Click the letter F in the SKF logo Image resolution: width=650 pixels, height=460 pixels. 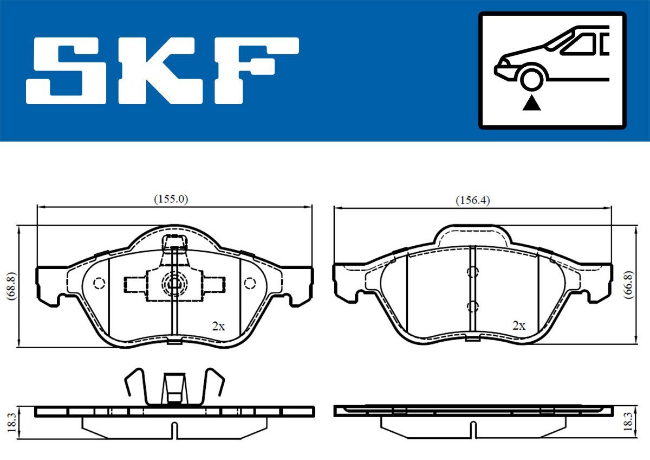click(x=255, y=71)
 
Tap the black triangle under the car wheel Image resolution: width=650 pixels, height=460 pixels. click(x=532, y=103)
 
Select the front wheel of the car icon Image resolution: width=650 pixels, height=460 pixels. click(x=532, y=78)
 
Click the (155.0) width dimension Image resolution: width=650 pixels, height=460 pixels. click(x=171, y=199)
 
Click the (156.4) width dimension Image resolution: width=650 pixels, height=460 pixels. click(x=472, y=200)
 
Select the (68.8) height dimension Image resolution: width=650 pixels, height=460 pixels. click(x=10, y=286)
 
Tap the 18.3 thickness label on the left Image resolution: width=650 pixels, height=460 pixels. click(x=10, y=421)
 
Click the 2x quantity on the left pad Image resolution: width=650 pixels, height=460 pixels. click(x=218, y=326)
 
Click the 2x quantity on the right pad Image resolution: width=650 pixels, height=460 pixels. click(x=519, y=326)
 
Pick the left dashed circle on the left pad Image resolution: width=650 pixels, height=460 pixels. click(x=99, y=283)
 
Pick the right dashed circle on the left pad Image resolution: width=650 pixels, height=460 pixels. click(x=250, y=283)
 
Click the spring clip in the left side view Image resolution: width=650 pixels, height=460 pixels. click(x=173, y=388)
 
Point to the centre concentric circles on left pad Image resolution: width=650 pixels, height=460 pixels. click(x=173, y=283)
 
